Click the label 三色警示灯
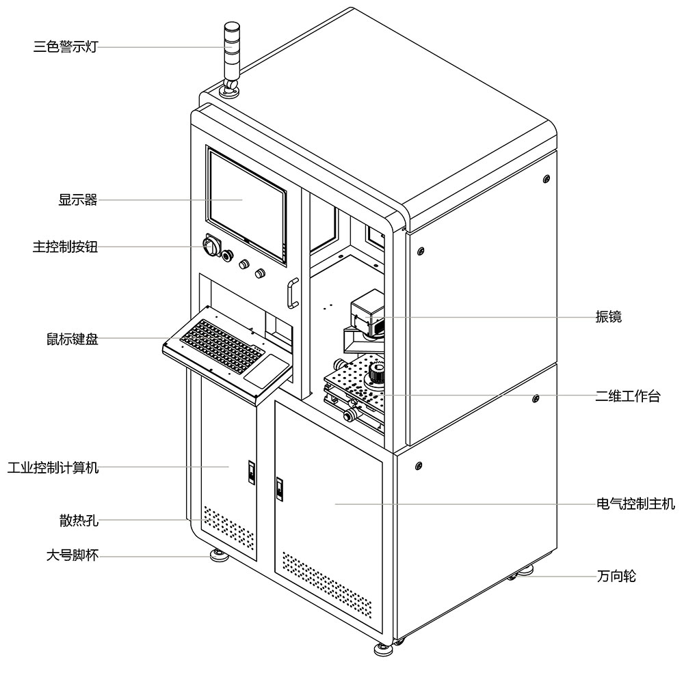point(65,47)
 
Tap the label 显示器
point(78,200)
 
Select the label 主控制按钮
point(65,247)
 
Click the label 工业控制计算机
point(53,468)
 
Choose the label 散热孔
point(79,520)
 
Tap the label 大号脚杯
point(72,555)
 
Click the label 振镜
point(608,317)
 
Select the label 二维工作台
point(627,396)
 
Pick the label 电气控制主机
point(635,504)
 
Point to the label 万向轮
point(616,577)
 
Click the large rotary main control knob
point(210,246)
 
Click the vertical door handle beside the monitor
point(293,292)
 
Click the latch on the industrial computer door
point(250,471)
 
